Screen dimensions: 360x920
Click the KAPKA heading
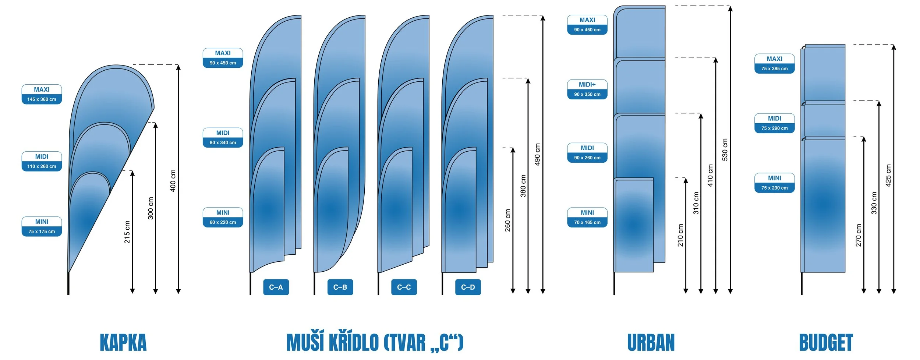coord(123,343)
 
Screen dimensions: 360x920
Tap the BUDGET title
coord(826,343)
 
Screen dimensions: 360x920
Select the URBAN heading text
coord(651,343)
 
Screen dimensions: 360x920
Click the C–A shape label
coord(276,287)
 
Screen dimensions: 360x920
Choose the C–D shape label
coord(468,287)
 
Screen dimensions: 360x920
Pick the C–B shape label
coord(340,287)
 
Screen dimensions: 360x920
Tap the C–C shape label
coord(404,287)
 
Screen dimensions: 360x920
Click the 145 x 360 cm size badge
coord(42,95)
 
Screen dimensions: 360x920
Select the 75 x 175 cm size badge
coord(42,227)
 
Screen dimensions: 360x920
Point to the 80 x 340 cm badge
coord(223,138)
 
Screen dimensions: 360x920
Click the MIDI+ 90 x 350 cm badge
coord(587,89)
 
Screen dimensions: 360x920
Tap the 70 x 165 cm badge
coord(587,218)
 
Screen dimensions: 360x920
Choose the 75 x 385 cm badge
coord(774,64)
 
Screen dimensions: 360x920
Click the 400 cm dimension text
coord(173,180)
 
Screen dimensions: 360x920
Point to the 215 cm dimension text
coord(127,232)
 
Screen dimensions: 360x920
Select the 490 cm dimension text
coord(537,154)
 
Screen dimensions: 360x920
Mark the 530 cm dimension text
coord(725,149)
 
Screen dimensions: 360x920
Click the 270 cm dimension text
coord(859,235)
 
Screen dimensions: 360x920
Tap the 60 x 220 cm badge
coord(223,218)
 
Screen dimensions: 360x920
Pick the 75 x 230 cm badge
coord(774,183)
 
